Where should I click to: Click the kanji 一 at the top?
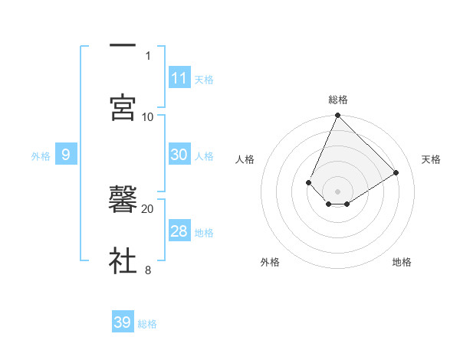(x=123, y=47)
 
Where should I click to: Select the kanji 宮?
(x=123, y=108)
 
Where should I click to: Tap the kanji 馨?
(x=123, y=200)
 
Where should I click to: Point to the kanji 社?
(x=123, y=260)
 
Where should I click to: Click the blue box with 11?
(x=179, y=78)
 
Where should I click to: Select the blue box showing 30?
(x=179, y=155)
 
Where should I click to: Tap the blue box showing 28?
(x=179, y=231)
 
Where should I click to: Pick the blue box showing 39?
(x=123, y=322)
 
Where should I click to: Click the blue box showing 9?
(x=66, y=155)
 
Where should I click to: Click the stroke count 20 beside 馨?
(x=148, y=208)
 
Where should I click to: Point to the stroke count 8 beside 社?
(x=148, y=270)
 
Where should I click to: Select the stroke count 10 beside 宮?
(x=148, y=116)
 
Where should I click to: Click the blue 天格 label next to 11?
(x=204, y=79)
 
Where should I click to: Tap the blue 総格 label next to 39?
(x=147, y=323)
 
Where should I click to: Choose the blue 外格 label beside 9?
(x=41, y=155)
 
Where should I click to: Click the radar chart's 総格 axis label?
(x=338, y=100)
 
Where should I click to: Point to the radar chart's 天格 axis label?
(x=431, y=159)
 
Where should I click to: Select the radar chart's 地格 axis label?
(x=402, y=262)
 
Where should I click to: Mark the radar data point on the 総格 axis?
(x=337, y=116)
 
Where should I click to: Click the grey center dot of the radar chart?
(x=337, y=191)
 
